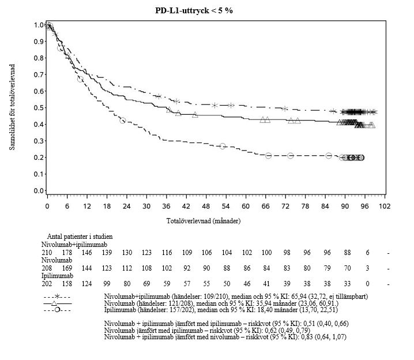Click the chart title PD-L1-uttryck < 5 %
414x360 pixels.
pos(198,10)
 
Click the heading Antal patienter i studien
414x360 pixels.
pos(80,236)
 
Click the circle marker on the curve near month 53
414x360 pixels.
pos(223,146)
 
